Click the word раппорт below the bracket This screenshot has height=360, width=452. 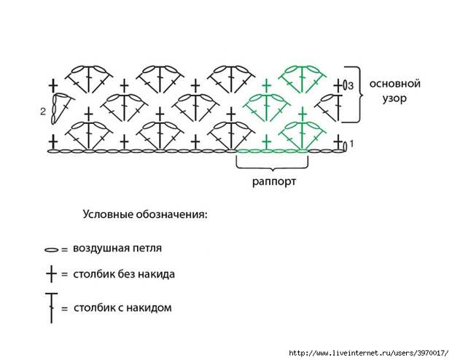270,181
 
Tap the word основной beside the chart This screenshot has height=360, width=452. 394,83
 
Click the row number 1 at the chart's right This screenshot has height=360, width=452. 352,144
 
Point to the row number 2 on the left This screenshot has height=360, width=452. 44,112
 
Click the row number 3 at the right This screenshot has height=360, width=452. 351,86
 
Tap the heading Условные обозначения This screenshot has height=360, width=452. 145,215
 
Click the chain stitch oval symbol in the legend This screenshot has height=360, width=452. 51,249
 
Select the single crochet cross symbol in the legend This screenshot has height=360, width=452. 51,275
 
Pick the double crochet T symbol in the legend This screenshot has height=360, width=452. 51,307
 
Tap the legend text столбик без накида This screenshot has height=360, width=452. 123,275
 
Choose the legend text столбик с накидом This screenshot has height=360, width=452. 122,308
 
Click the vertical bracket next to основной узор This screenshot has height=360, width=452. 358,93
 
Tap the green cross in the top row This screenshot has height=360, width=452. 267,86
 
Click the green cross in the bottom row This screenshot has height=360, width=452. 267,140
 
